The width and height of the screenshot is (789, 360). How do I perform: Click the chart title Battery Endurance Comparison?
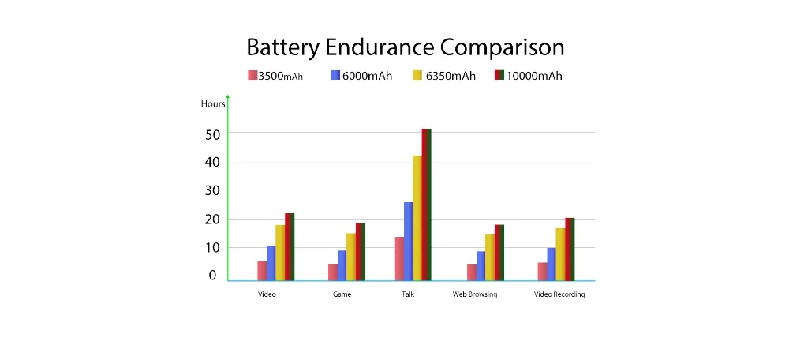(x=405, y=47)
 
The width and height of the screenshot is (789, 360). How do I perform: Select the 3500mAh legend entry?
(x=275, y=76)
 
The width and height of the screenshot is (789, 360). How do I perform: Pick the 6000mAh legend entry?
(x=361, y=76)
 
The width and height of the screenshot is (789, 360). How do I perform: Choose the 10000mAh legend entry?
(x=528, y=76)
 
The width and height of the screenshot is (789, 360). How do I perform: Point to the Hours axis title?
(x=213, y=104)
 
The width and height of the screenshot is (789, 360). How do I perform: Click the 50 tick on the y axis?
(x=211, y=134)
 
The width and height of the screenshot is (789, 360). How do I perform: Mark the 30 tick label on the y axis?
(x=211, y=191)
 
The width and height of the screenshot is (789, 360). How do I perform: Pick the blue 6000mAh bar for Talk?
(x=408, y=241)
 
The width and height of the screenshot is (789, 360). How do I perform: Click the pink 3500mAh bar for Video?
(x=262, y=270)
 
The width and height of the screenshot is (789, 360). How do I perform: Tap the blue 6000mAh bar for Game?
(x=342, y=265)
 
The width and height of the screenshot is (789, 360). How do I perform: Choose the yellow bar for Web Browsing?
(x=490, y=257)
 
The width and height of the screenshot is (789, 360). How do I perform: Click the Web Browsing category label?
(x=475, y=294)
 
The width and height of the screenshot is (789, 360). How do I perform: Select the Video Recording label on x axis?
(x=559, y=294)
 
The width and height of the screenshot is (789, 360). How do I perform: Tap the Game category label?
(x=342, y=294)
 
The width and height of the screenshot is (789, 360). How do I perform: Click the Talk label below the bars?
(x=407, y=294)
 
